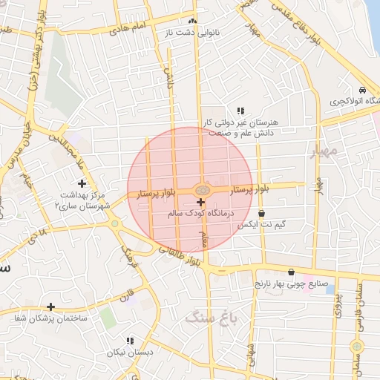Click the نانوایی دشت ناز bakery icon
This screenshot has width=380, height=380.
coord(193,22)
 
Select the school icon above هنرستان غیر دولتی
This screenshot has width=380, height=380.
coord(240,110)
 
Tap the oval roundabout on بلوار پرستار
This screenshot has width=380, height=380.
coord(201,190)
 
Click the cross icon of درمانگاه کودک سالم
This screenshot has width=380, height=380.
coord(200,202)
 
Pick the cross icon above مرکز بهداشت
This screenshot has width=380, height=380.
coord(82,183)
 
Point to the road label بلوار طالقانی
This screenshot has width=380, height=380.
coord(180,255)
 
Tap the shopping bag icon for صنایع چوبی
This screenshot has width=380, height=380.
coord(290,272)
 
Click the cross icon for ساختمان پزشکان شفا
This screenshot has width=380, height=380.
coord(50,306)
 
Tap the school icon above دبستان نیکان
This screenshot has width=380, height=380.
coord(129,341)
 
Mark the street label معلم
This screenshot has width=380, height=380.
coord(202,239)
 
